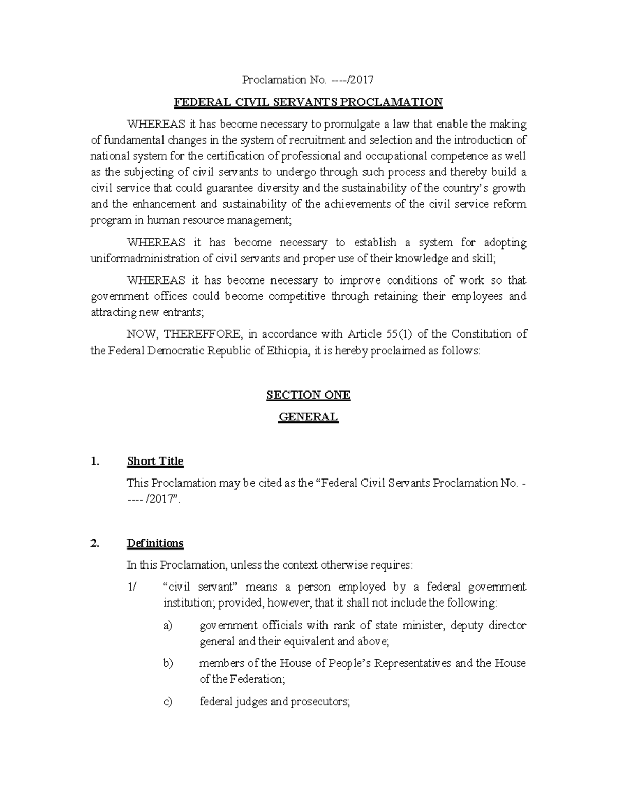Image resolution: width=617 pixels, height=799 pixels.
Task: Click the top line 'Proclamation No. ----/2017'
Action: coord(307,80)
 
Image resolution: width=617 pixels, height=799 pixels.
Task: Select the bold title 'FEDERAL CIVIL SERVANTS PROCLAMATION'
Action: coord(308,102)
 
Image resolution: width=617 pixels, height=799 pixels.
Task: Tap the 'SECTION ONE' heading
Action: coord(308,395)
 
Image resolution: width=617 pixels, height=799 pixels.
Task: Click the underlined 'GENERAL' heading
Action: coord(308,417)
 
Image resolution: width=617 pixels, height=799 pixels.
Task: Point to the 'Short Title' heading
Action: coord(155,461)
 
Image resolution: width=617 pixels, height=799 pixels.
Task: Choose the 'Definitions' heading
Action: coord(155,543)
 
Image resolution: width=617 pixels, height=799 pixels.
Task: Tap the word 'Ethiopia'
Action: coord(288,351)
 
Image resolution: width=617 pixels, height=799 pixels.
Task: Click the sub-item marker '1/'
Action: coord(132,587)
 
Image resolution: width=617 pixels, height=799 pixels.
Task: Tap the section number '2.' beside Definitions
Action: coord(94,543)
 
